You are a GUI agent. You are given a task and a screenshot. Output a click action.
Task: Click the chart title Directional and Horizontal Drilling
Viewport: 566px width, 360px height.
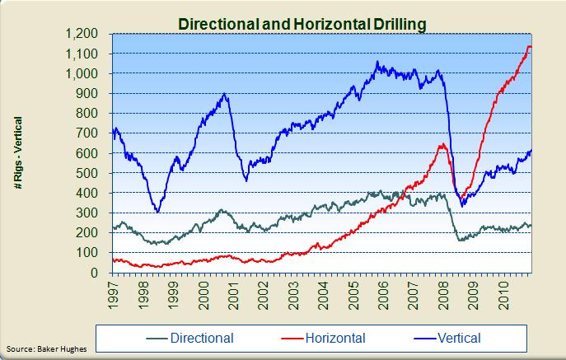(x=302, y=25)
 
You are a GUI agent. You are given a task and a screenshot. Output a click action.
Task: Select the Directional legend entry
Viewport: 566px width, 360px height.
(x=201, y=338)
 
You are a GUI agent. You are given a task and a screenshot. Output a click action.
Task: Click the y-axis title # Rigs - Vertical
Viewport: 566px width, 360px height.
(x=18, y=153)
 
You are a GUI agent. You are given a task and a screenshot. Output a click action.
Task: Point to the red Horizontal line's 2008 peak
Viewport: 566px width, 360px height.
(x=442, y=144)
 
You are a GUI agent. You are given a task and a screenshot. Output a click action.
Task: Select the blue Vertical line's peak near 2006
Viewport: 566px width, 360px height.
(x=377, y=62)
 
